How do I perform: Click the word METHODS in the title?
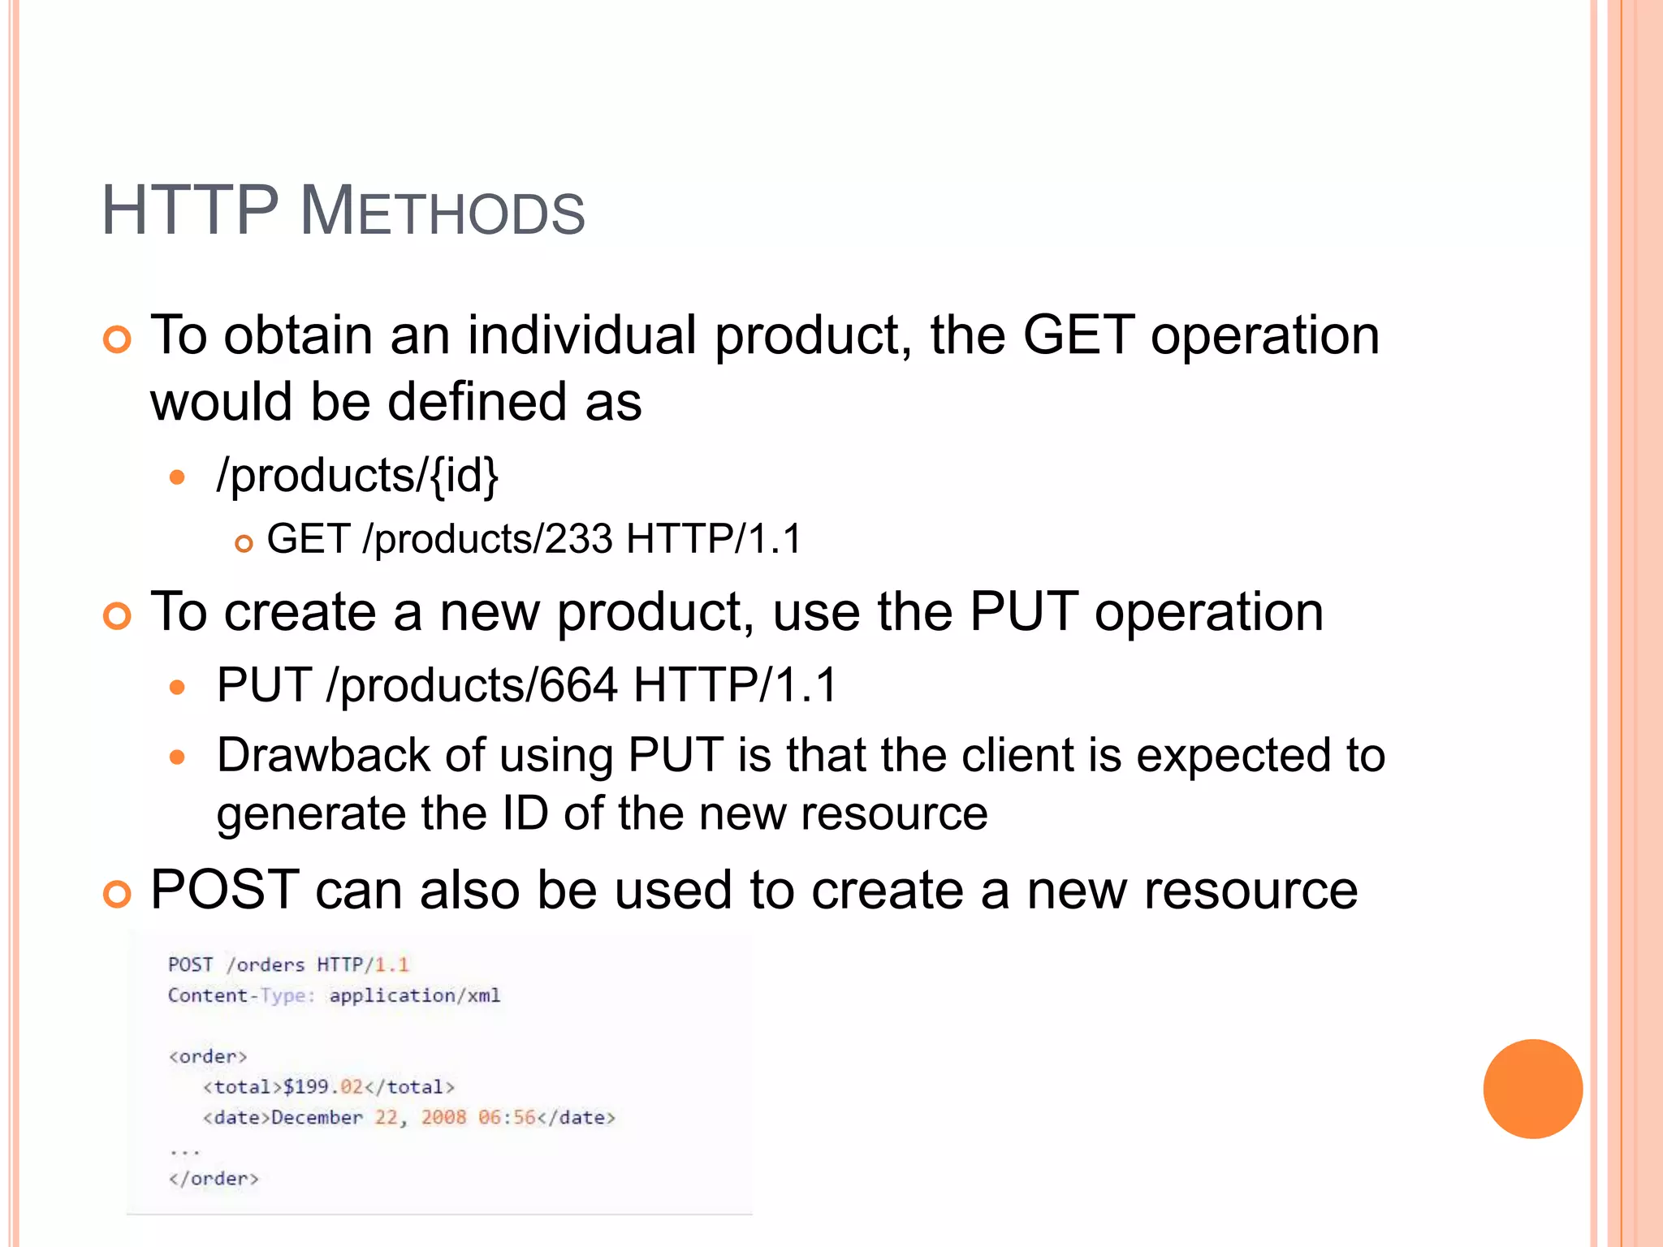(x=443, y=213)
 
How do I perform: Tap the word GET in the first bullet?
(x=1078, y=335)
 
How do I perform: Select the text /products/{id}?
(x=357, y=475)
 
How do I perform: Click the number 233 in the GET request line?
(x=578, y=539)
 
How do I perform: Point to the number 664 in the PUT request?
(x=578, y=685)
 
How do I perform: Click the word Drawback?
(x=323, y=755)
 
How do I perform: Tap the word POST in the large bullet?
(x=225, y=890)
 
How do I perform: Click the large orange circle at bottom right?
(x=1532, y=1089)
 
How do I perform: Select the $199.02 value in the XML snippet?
(x=323, y=1087)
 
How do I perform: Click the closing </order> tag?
(x=214, y=1179)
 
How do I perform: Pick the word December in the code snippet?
(x=317, y=1118)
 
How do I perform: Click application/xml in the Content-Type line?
(x=415, y=995)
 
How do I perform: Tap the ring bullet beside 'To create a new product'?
(x=118, y=616)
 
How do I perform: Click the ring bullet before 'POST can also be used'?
(x=118, y=895)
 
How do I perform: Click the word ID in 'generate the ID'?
(x=525, y=813)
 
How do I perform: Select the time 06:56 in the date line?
(x=507, y=1118)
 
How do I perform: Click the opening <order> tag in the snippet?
(x=207, y=1056)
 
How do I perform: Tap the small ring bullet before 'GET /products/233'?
(x=244, y=544)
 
